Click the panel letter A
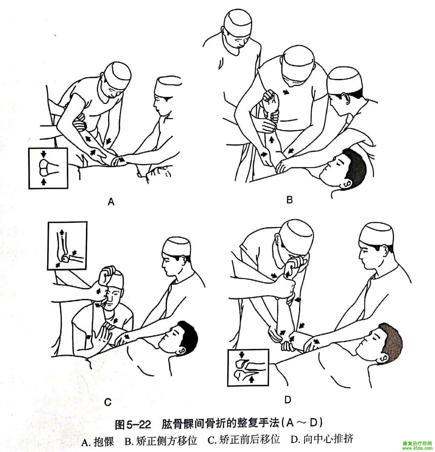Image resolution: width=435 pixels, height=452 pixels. [x=111, y=202]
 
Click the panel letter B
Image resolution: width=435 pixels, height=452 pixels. [x=290, y=200]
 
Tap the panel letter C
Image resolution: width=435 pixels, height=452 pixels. [x=108, y=402]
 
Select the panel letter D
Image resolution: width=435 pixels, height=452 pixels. [x=288, y=400]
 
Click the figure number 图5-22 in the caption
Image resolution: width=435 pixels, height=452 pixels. [x=133, y=425]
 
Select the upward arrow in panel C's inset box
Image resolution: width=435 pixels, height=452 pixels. [x=61, y=232]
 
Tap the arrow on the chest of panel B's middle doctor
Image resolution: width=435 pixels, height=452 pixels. [x=287, y=92]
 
